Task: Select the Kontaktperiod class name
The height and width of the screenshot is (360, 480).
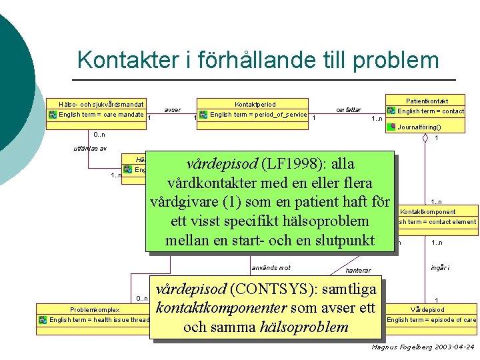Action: tap(255, 104)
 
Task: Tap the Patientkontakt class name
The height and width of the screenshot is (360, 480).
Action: tap(427, 100)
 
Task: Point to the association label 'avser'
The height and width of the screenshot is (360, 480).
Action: tap(173, 109)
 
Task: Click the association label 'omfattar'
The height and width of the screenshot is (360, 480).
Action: tap(349, 109)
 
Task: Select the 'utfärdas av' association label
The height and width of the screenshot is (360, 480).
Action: tap(89, 148)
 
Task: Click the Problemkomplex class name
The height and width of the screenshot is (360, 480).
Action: tap(95, 309)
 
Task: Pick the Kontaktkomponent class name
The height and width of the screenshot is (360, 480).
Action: tap(428, 212)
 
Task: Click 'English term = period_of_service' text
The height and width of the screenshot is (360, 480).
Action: tap(258, 115)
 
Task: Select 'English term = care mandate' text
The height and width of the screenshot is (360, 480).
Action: tap(101, 115)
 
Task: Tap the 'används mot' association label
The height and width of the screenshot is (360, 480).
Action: tap(271, 268)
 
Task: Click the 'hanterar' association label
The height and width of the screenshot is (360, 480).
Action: tap(358, 270)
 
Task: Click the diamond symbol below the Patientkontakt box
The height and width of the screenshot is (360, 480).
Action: tap(425, 139)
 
